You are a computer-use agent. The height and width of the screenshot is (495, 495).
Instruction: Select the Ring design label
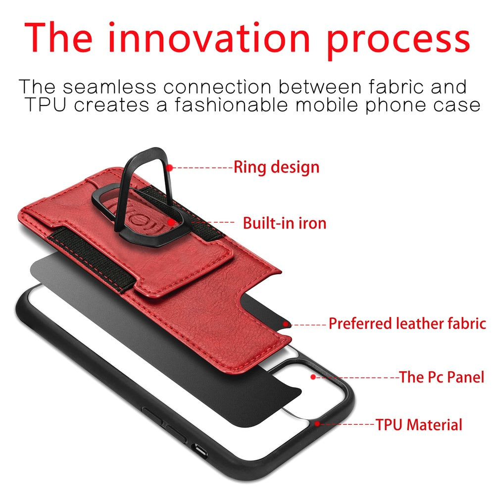pyautogui.click(x=276, y=167)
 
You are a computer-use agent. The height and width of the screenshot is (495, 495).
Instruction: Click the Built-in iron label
pyautogui.click(x=284, y=223)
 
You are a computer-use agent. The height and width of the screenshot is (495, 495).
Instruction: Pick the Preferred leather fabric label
pyautogui.click(x=407, y=324)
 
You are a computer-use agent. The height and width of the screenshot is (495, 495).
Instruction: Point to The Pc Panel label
pyautogui.click(x=442, y=377)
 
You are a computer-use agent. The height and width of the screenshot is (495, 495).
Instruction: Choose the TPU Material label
pyautogui.click(x=418, y=425)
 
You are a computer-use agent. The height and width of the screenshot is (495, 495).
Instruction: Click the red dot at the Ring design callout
pyautogui.click(x=169, y=168)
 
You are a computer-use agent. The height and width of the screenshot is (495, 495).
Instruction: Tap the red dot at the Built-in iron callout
pyautogui.click(x=170, y=223)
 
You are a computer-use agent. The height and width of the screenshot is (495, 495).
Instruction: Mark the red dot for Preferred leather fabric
pyautogui.click(x=286, y=324)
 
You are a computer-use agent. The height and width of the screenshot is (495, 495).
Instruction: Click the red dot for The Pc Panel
pyautogui.click(x=313, y=377)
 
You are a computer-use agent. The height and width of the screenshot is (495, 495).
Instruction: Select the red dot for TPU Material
pyautogui.click(x=317, y=424)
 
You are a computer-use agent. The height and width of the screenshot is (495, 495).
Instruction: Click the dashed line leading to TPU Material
pyautogui.click(x=346, y=425)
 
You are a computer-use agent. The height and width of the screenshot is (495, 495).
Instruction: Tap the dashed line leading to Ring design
pyautogui.click(x=202, y=168)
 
